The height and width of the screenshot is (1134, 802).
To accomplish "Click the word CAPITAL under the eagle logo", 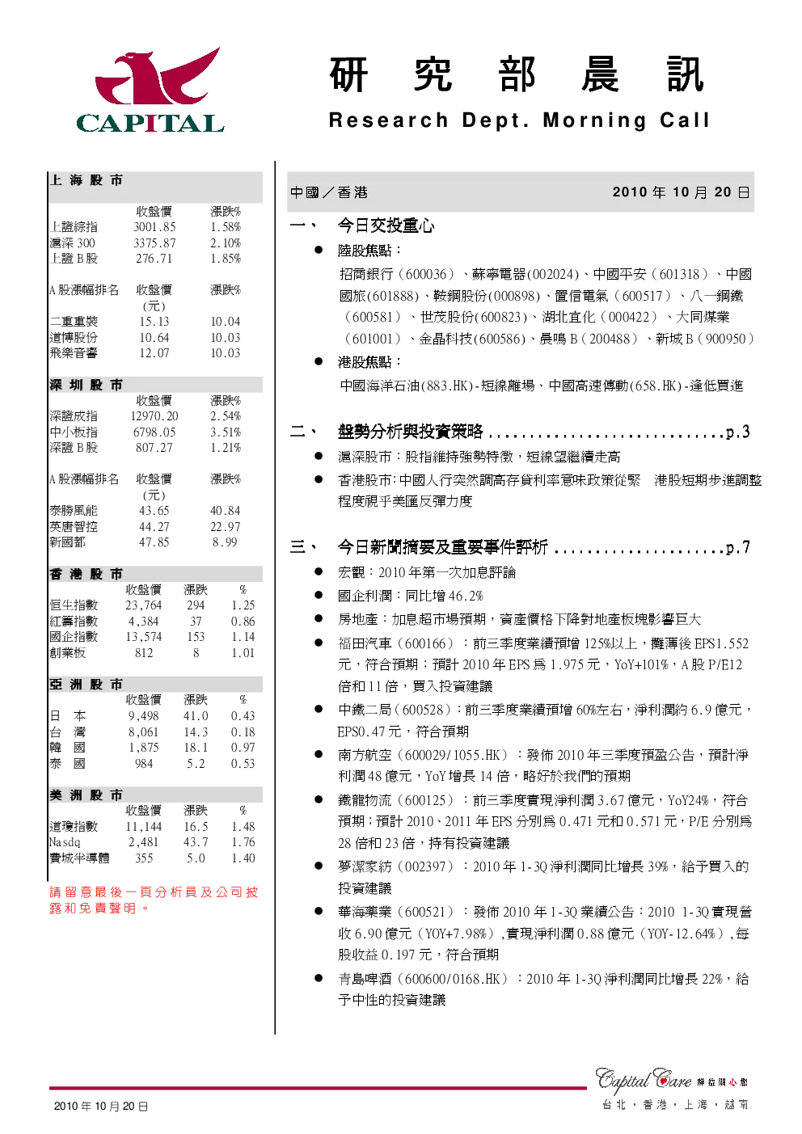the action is (150, 124).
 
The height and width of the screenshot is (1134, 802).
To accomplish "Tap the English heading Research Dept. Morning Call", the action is (520, 120).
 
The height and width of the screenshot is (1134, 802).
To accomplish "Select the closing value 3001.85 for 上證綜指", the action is (154, 227).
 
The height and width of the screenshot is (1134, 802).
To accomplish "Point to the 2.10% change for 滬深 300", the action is (226, 243).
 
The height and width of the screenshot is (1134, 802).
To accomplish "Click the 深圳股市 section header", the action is (86, 386).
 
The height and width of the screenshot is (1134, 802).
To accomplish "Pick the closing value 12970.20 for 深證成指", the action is (154, 416).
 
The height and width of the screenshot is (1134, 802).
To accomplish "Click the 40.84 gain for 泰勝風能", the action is (226, 511).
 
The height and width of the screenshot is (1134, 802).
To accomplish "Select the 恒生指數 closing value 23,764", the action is (144, 605).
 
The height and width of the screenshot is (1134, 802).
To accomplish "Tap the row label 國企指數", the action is (74, 637).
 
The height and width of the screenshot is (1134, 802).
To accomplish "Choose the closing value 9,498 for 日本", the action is (144, 716).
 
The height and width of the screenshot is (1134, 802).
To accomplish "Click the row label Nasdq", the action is (65, 842).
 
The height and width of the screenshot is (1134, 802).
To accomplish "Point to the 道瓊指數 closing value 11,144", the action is (144, 827).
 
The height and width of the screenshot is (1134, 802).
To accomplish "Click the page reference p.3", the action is (737, 432).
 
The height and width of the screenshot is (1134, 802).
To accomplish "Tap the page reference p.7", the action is (737, 548).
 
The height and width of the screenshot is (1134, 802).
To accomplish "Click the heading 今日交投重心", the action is (386, 226).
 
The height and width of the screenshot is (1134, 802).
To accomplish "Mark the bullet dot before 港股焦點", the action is (319, 361).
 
